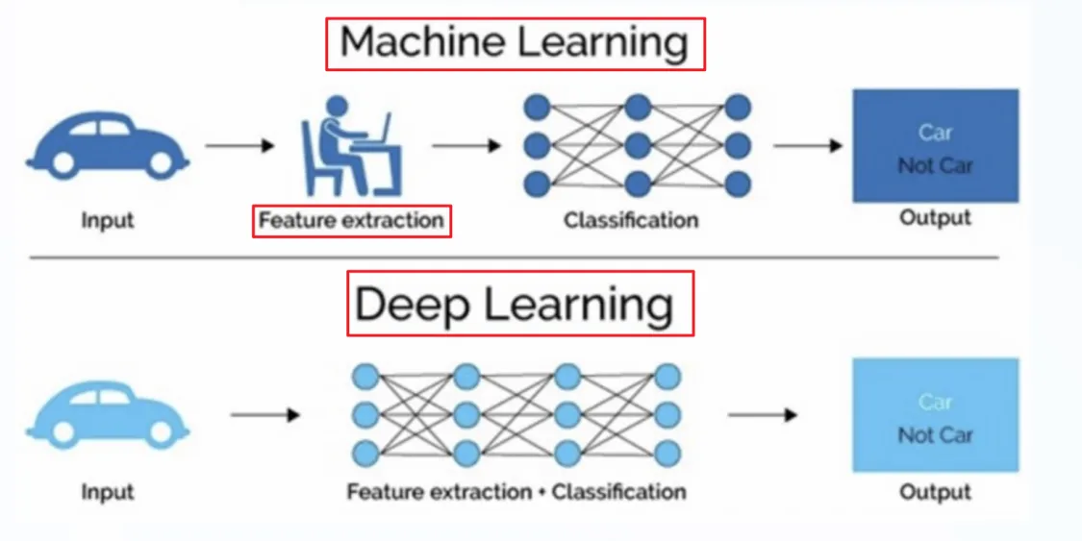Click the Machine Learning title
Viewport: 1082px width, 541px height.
click(x=515, y=43)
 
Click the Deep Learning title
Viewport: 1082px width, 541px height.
click(x=519, y=304)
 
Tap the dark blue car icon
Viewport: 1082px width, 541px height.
click(x=106, y=144)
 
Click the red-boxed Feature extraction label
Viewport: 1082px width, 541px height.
click(x=351, y=221)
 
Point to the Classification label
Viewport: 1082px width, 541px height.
click(x=631, y=221)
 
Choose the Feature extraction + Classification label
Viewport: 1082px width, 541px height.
click(x=516, y=492)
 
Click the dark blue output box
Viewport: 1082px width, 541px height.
click(x=935, y=146)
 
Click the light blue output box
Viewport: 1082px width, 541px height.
click(x=935, y=415)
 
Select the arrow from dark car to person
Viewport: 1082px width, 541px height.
click(x=240, y=146)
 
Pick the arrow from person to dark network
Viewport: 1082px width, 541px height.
click(x=467, y=146)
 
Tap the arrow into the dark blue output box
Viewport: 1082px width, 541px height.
click(x=808, y=146)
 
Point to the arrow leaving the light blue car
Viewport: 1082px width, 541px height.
click(x=265, y=415)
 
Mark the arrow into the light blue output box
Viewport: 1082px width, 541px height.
click(x=763, y=415)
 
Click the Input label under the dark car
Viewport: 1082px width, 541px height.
click(x=107, y=221)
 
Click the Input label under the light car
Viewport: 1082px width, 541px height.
click(x=107, y=492)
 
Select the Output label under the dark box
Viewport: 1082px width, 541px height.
click(x=935, y=218)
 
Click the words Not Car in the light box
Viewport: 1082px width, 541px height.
click(x=935, y=435)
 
